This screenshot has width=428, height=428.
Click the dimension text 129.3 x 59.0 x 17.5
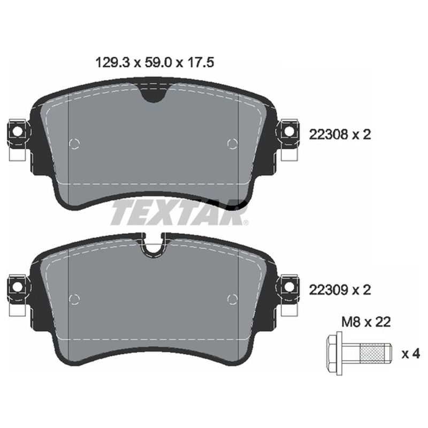pyautogui.click(x=155, y=63)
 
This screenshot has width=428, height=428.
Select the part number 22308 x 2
pyautogui.click(x=340, y=135)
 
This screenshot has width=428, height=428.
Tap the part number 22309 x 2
pyautogui.click(x=340, y=290)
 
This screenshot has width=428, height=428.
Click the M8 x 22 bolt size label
pyautogui.click(x=366, y=323)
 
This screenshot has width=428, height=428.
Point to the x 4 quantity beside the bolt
pyautogui.click(x=410, y=354)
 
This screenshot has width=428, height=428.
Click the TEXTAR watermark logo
pyautogui.click(x=179, y=213)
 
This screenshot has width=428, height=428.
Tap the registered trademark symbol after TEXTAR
pyautogui.click(x=246, y=223)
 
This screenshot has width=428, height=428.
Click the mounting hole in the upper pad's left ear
pyautogui.click(x=17, y=131)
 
